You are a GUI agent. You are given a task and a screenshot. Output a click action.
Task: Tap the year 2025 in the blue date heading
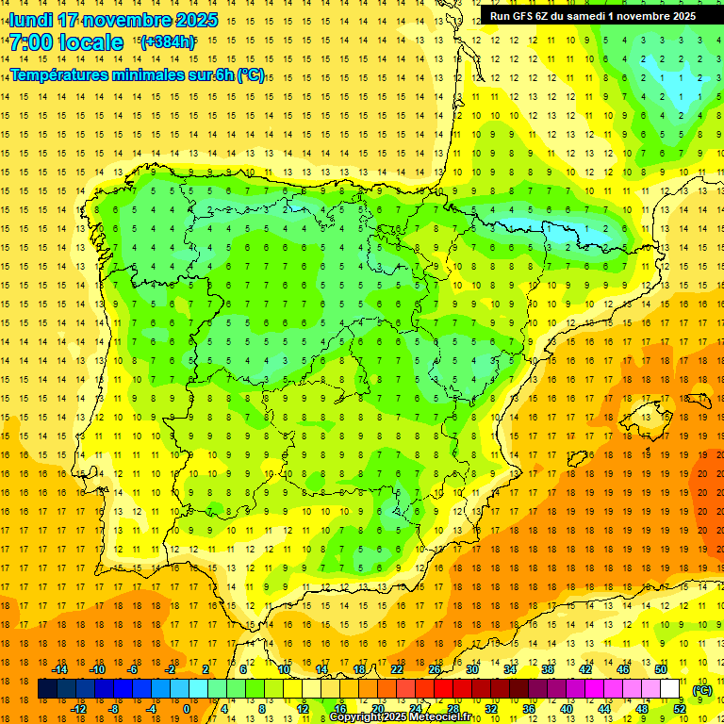[x=195, y=20]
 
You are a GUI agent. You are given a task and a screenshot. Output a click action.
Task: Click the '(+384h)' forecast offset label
[x=167, y=42]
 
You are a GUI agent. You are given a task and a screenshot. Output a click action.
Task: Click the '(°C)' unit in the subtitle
[x=250, y=75]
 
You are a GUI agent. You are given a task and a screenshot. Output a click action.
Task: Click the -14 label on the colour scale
[x=59, y=669]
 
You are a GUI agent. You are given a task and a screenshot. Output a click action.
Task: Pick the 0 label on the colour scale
[x=186, y=709]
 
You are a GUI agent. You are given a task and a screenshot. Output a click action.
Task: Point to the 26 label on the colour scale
[x=435, y=669]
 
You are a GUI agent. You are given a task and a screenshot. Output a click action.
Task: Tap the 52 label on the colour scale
[x=679, y=709]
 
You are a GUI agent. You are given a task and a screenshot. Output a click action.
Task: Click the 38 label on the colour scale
[x=547, y=669]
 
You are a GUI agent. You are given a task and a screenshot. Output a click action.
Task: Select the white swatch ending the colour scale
[x=670, y=689]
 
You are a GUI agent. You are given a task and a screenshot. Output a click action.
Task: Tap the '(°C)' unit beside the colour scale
[x=702, y=690]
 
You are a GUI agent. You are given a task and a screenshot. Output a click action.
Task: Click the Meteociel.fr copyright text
[x=405, y=717]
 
